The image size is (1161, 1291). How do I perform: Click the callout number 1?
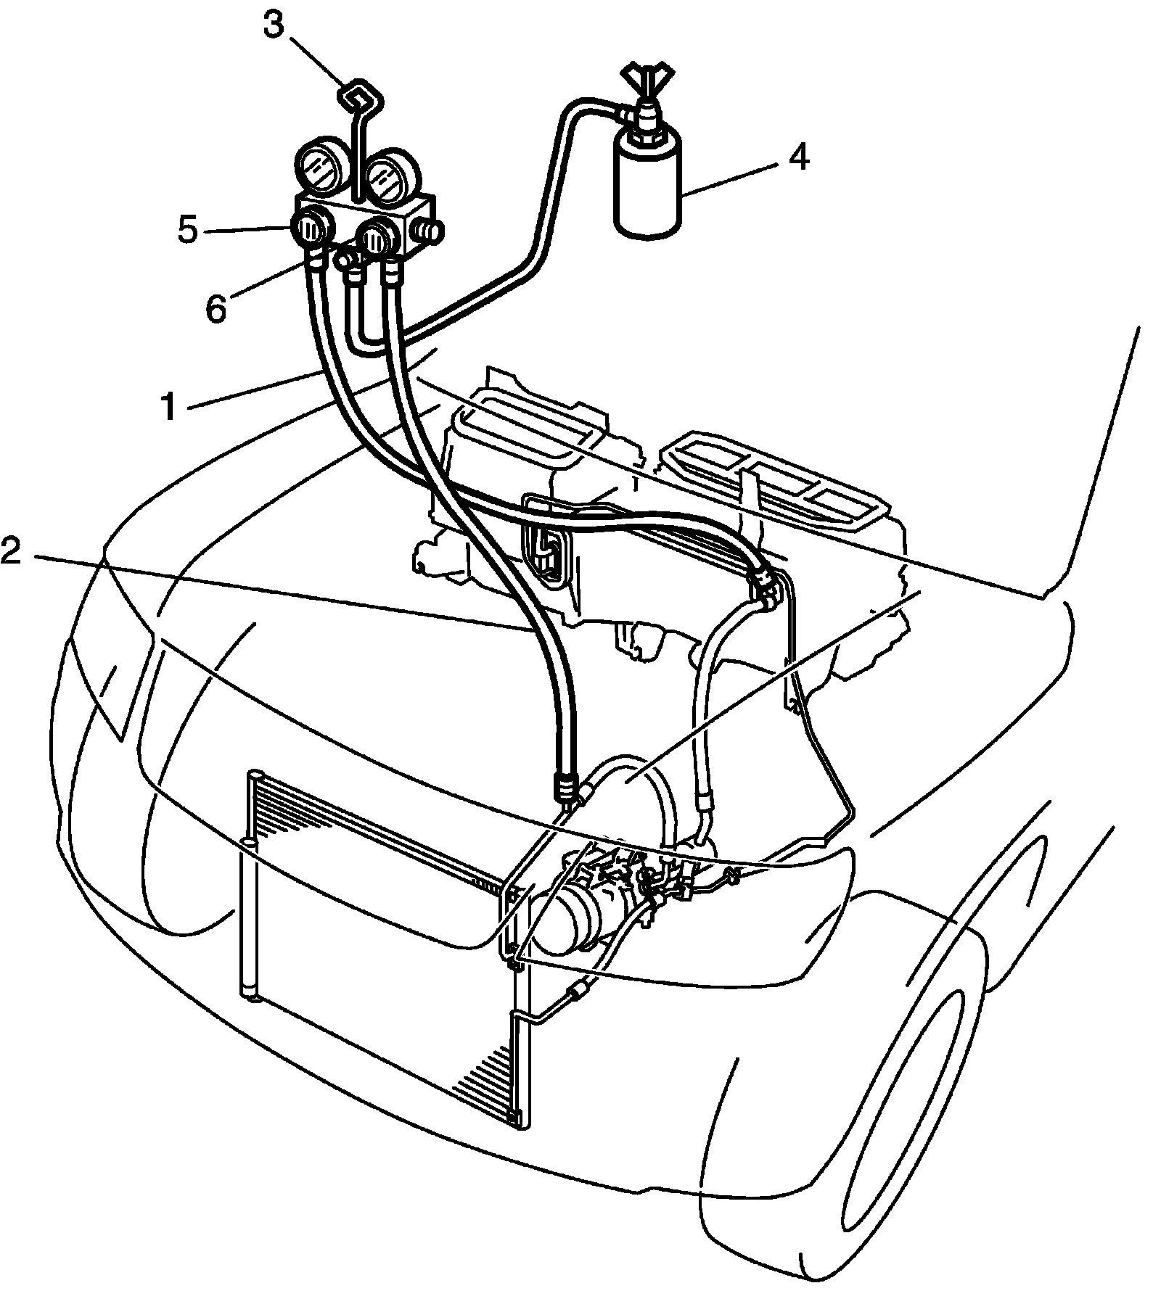click(x=168, y=408)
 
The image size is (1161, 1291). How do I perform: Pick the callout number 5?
click(x=187, y=230)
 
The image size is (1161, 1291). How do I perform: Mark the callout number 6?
click(x=216, y=308)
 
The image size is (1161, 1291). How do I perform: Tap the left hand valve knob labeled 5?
click(x=310, y=231)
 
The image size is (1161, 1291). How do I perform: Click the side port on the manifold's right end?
click(x=428, y=234)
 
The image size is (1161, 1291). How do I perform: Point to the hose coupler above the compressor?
click(x=567, y=787)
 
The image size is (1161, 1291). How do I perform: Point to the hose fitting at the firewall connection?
click(x=763, y=580)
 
